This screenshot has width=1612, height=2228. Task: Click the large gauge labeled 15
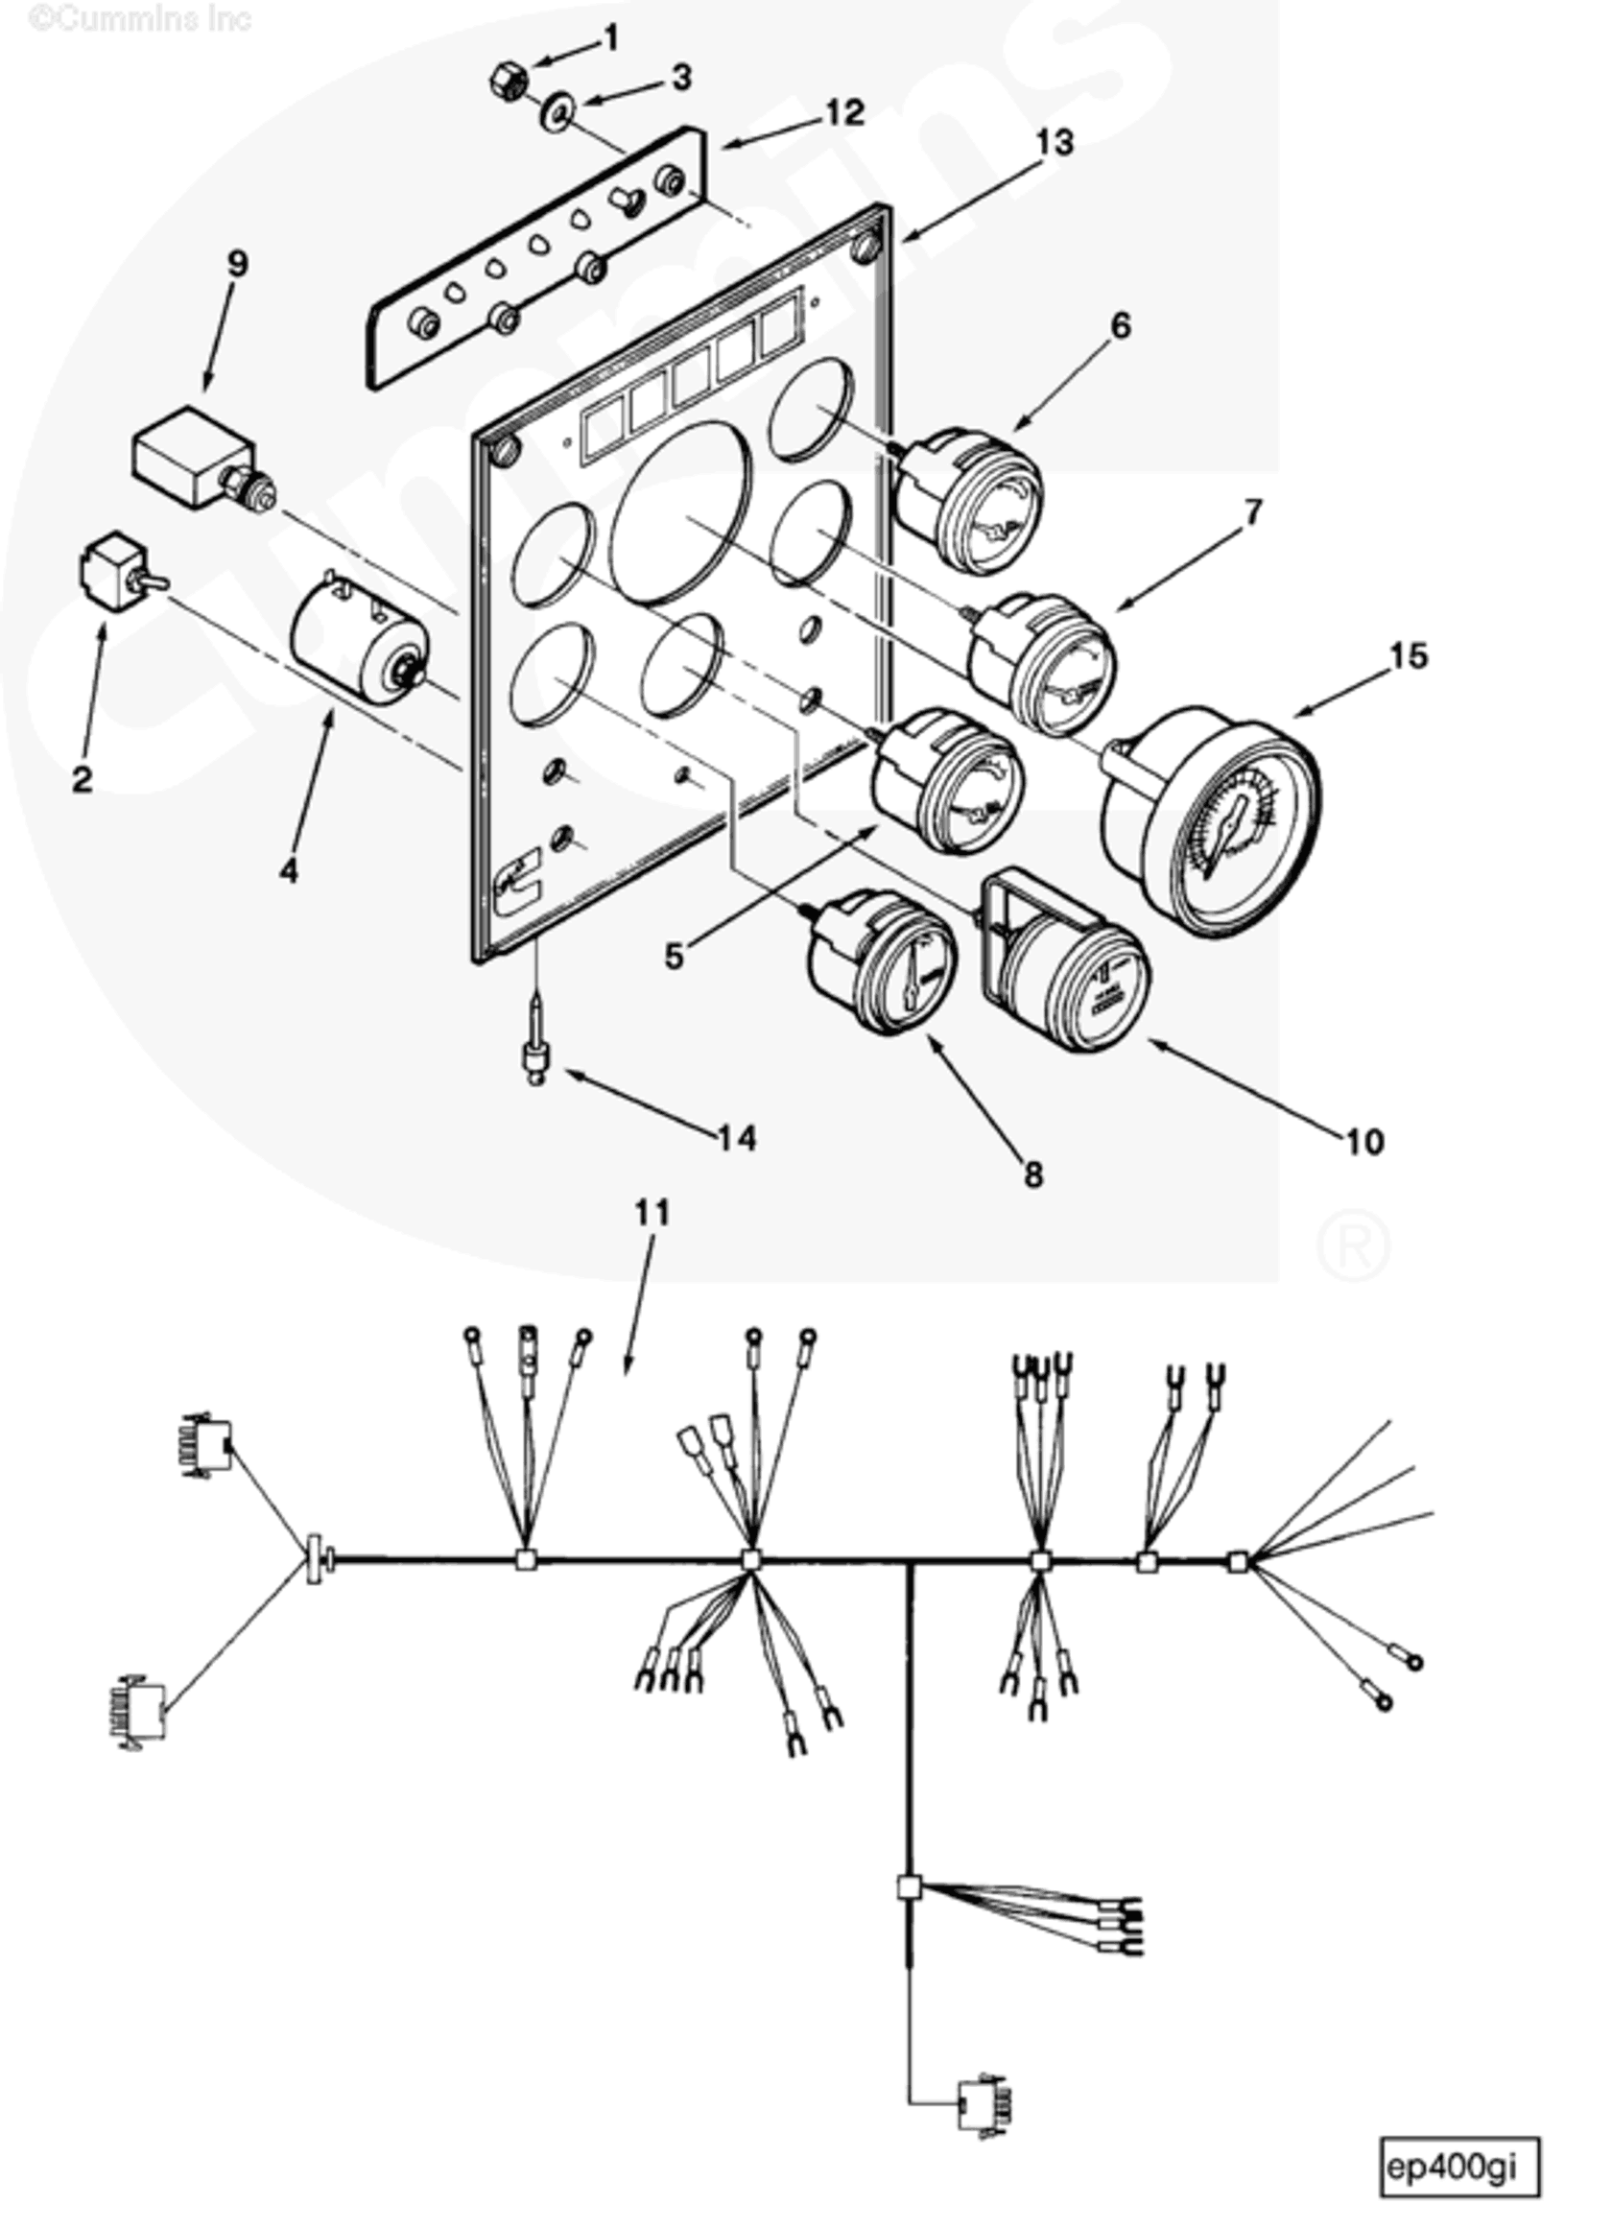coord(1210,820)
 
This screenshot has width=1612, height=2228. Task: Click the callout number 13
coord(1055,142)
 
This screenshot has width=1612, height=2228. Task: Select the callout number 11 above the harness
coord(652,1213)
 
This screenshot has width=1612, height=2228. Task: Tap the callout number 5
coord(673,956)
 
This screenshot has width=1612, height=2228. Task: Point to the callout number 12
coord(843,112)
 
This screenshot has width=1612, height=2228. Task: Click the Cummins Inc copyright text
coord(139,18)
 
